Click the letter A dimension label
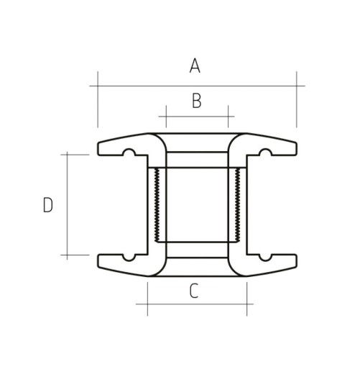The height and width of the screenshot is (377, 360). (195, 66)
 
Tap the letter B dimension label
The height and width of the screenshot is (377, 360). (196, 101)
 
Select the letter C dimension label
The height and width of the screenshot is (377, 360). (193, 291)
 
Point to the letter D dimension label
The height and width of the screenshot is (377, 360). (48, 206)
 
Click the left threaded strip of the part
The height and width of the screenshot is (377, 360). (154, 205)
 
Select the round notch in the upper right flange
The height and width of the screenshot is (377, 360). (264, 153)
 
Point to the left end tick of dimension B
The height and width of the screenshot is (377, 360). (166, 116)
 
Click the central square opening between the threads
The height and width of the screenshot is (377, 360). (195, 205)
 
